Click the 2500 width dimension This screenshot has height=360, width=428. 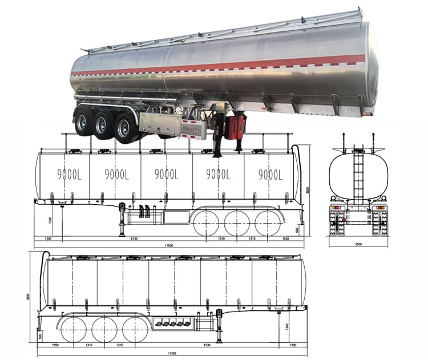click(357, 244)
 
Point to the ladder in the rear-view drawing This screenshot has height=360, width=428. click(358, 171)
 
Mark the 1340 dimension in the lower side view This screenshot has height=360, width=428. click(287, 329)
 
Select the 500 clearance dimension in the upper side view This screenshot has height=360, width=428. click(296, 229)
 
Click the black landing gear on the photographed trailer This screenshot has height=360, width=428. click(217, 137)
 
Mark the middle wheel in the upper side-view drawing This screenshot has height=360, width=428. click(234, 222)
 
